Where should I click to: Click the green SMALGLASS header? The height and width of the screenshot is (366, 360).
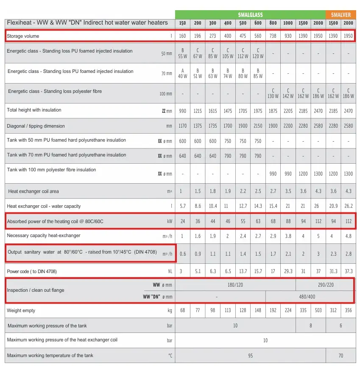point(250,15)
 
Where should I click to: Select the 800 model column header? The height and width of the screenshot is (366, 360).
point(273,23)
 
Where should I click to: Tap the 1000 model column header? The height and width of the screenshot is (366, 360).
point(288,23)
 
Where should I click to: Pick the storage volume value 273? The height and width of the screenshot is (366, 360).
point(212,36)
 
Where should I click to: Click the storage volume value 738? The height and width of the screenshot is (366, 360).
point(273,36)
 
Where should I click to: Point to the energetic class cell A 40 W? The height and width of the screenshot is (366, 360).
point(182,74)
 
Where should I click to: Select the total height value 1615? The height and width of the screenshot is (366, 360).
point(212,111)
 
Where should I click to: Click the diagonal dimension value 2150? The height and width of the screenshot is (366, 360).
point(258,126)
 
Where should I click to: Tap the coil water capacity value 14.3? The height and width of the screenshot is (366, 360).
point(258,206)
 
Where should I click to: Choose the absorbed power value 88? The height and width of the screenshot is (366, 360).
point(288,221)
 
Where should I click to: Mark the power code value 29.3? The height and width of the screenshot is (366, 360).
point(288,271)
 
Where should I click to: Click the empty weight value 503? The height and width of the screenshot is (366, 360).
point(318,310)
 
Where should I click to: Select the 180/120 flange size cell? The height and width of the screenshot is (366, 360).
point(235,285)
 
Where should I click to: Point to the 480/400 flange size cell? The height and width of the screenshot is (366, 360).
point(309,296)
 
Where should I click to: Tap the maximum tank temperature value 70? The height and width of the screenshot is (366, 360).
point(340,355)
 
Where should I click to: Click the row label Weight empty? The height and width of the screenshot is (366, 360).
point(21,310)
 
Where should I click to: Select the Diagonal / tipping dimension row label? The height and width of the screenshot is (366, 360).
point(36,126)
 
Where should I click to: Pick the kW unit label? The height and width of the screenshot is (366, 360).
point(170,221)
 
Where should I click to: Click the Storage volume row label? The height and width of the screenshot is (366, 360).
point(23,36)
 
